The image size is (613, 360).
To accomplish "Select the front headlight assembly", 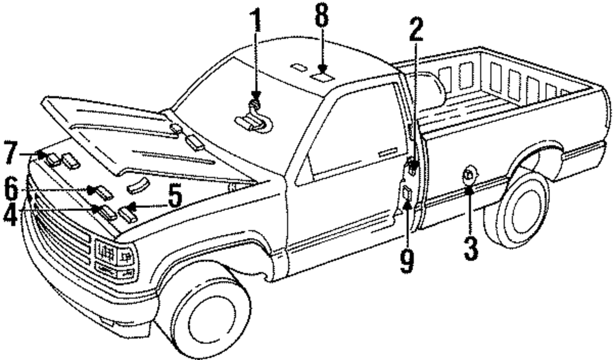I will tap(115, 258).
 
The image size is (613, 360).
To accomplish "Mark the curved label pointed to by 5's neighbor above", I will tap(138, 185).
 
